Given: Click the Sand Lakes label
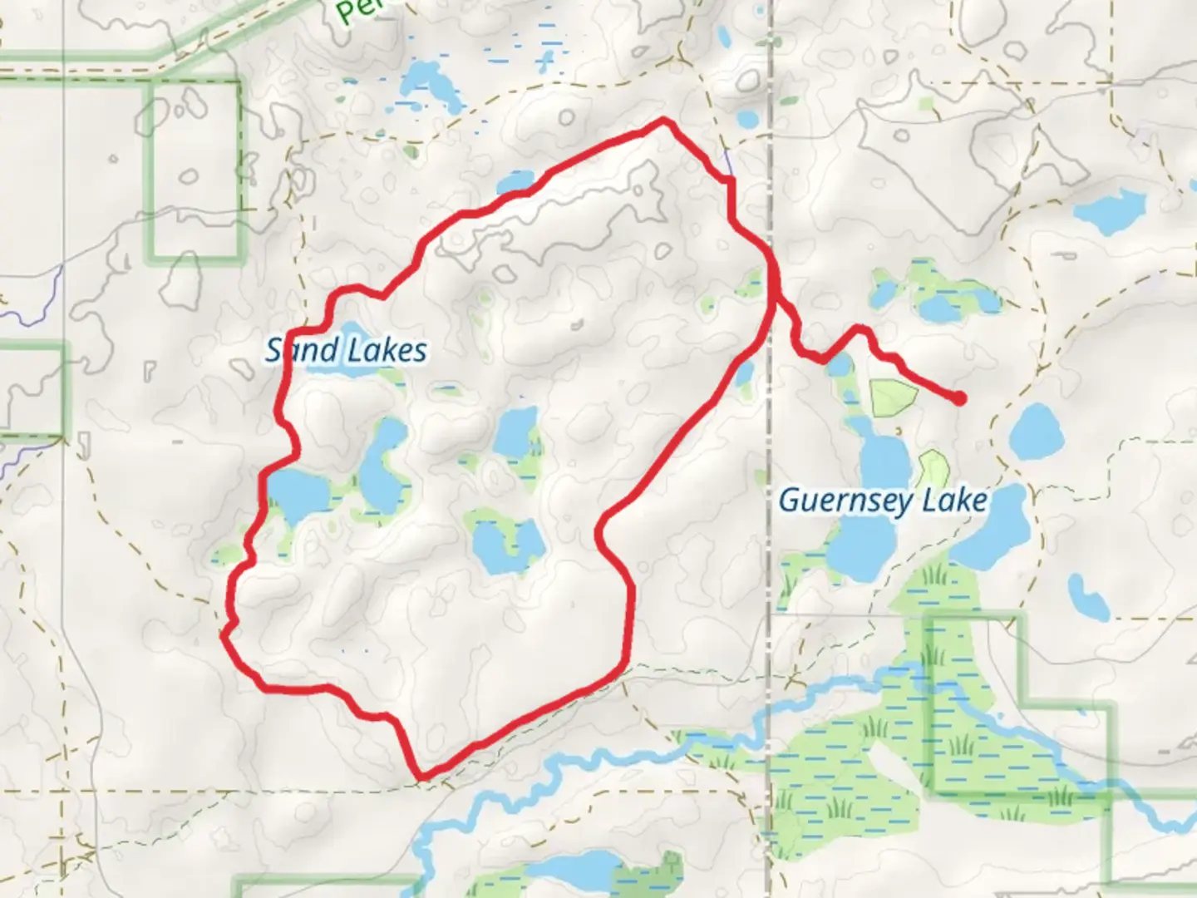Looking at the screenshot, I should [x=346, y=351].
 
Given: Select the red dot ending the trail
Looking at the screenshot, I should [x=959, y=398].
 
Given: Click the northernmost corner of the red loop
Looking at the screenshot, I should [x=663, y=121].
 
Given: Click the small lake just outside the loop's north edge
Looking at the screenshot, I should [x=516, y=181].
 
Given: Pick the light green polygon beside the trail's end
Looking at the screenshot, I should [x=892, y=397].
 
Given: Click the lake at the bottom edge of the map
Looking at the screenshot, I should [x=574, y=873].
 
